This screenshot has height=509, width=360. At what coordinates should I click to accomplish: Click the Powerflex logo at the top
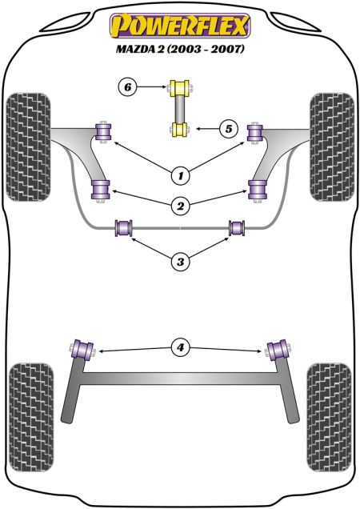[179, 26]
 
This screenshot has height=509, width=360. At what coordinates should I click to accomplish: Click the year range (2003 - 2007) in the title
[206, 50]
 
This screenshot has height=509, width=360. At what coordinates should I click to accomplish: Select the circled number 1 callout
[180, 174]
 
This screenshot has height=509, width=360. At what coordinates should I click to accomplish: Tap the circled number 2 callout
[180, 206]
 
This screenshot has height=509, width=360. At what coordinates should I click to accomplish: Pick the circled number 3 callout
[180, 260]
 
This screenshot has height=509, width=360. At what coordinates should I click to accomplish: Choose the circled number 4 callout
[180, 347]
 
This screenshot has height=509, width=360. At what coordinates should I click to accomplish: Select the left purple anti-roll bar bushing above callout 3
[123, 228]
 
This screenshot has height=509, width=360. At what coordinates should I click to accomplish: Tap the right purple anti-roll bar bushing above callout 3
[237, 228]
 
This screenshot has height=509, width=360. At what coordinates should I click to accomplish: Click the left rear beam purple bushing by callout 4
[82, 349]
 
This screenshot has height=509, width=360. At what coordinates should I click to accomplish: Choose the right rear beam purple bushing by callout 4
[278, 349]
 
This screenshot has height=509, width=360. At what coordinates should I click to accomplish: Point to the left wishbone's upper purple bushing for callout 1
[102, 130]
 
